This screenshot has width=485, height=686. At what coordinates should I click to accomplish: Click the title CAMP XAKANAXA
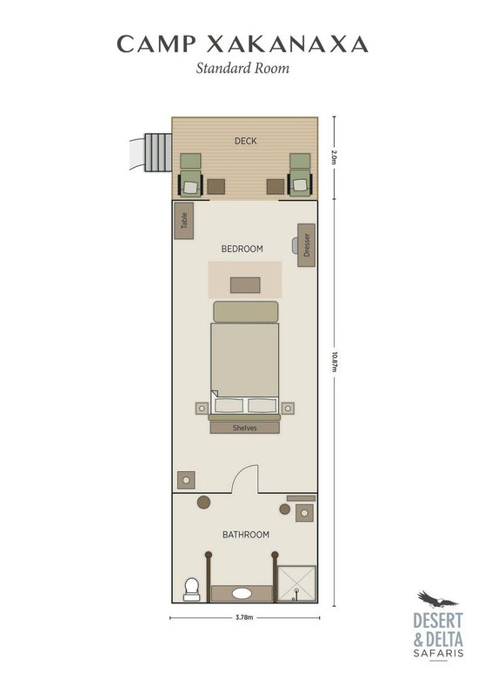click(242, 43)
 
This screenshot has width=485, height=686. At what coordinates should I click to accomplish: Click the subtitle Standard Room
click(242, 68)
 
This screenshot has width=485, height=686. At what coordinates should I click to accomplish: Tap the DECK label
click(245, 141)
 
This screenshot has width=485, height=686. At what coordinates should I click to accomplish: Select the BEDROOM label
click(242, 249)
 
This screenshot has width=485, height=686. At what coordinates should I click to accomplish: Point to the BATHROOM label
click(246, 535)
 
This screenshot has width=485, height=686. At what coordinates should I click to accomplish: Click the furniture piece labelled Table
click(183, 220)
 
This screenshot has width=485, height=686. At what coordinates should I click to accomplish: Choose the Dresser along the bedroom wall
click(306, 245)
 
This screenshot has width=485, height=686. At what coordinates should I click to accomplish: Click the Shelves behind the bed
click(244, 428)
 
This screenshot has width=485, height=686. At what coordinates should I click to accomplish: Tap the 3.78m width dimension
click(244, 618)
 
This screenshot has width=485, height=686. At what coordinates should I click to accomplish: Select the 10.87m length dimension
click(334, 362)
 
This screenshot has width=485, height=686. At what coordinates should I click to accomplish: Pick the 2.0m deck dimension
click(334, 157)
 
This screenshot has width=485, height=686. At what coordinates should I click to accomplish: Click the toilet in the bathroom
click(191, 589)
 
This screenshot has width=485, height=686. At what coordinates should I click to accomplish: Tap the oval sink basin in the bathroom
click(242, 593)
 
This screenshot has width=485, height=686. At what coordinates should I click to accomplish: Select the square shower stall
click(297, 583)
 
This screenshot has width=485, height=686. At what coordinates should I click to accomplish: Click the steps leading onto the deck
click(158, 153)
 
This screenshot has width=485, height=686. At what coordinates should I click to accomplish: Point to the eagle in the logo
click(436, 599)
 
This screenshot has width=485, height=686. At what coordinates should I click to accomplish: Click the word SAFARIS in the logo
click(438, 654)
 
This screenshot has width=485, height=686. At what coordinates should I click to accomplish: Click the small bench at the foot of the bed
click(245, 285)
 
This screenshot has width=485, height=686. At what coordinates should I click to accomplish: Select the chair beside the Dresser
click(296, 245)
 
